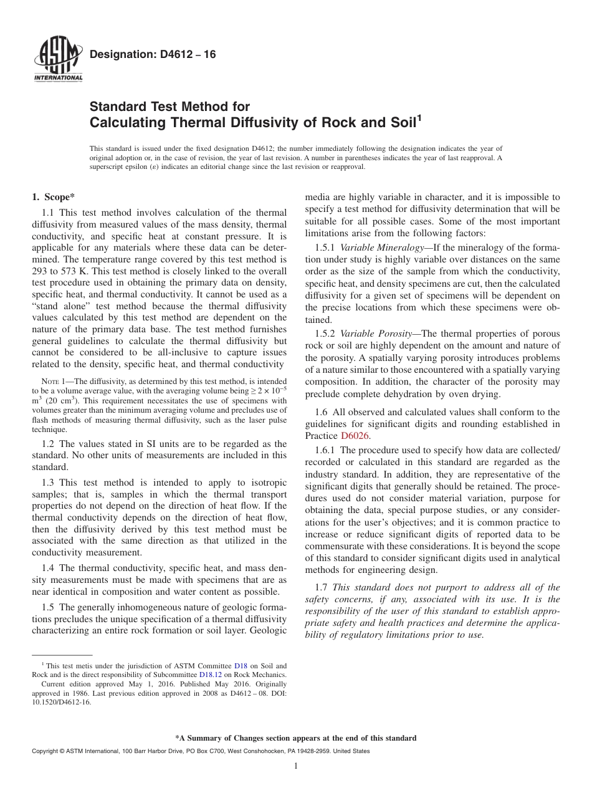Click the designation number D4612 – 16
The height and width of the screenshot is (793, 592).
153,55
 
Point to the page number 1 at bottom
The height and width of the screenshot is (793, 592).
295,766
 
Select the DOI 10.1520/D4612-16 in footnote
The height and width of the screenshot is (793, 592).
61,701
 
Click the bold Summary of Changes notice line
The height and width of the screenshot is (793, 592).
295,738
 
